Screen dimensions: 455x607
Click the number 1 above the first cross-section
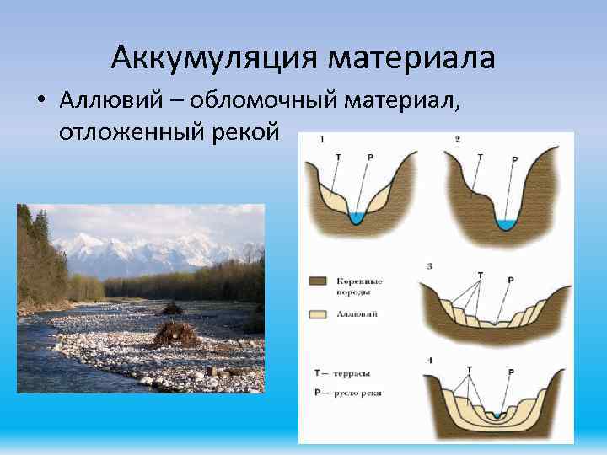pos(322,140)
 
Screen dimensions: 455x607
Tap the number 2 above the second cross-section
pos(456,139)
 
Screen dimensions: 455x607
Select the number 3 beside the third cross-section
pos(430,266)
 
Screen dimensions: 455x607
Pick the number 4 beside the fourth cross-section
pos(430,360)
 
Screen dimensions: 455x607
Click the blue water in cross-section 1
pos(357,219)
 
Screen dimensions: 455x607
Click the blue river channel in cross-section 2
pos(506,224)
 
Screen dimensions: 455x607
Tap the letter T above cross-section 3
pos(481,275)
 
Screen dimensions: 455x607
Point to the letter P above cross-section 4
pos(510,372)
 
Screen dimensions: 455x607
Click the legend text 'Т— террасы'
pos(341,372)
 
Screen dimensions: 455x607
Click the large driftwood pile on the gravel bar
pos(175,334)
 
